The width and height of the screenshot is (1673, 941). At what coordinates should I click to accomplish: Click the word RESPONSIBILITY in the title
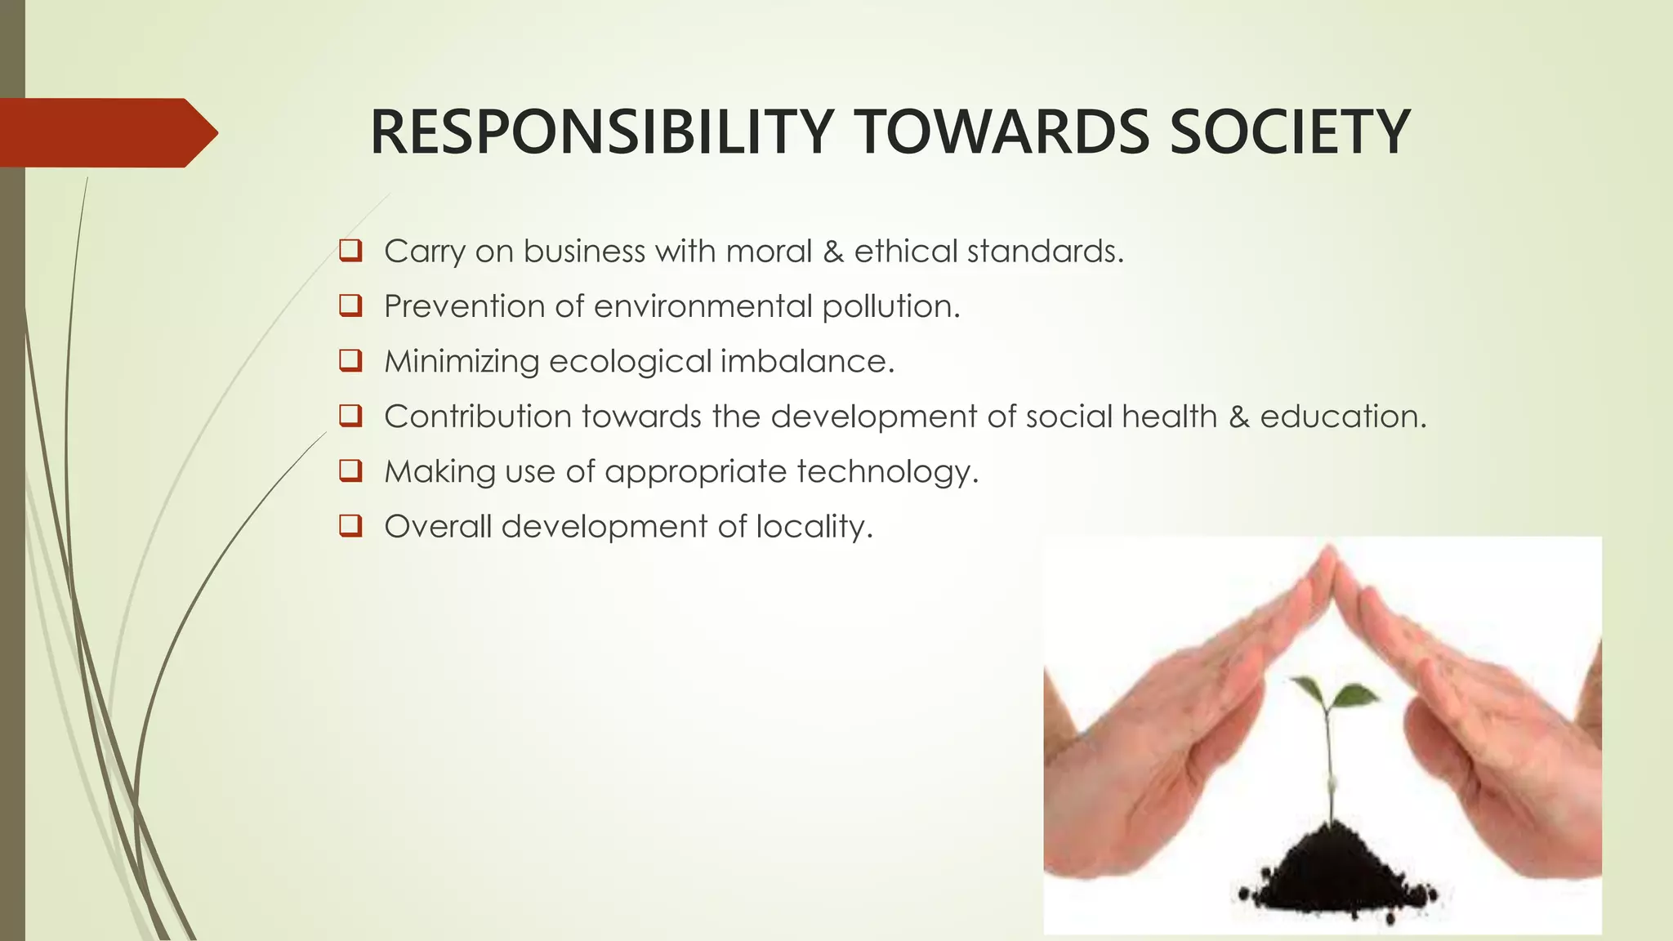pos(601,132)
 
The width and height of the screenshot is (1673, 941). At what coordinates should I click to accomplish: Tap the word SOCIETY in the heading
pos(1290,132)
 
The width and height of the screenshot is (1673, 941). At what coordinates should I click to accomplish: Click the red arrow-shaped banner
pos(106,132)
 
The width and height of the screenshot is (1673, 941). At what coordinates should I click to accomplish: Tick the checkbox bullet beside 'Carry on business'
pos(350,250)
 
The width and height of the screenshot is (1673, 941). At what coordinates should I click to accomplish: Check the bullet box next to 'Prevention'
pos(350,305)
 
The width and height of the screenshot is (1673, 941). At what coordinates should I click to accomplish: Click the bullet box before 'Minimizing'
pos(350,360)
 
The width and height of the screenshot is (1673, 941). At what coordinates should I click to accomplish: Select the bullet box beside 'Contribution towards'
pos(350,416)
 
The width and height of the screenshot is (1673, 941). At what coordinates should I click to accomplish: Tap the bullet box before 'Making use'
pos(350,470)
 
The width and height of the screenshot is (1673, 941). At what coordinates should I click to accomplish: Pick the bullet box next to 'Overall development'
pos(350,526)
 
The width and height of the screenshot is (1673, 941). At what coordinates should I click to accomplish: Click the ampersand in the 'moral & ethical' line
pos(833,251)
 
